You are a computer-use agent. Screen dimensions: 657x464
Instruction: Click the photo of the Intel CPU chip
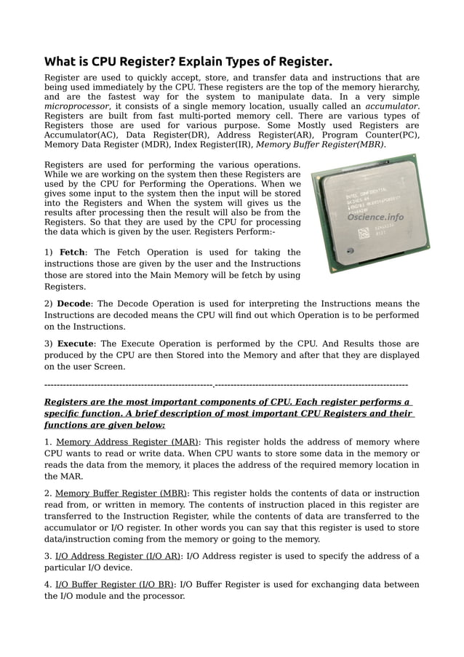369,213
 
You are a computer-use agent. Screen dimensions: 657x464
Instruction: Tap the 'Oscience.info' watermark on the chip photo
375,216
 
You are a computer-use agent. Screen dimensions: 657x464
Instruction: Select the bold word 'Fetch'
72,252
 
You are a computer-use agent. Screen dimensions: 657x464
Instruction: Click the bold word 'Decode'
74,303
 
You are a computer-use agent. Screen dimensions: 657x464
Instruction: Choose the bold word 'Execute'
76,343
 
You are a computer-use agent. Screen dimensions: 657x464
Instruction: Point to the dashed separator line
225,384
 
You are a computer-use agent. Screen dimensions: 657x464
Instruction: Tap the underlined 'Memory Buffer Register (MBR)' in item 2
121,493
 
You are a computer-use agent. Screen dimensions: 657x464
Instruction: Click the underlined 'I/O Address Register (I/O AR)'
119,557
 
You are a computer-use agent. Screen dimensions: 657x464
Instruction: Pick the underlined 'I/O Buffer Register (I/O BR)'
115,584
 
